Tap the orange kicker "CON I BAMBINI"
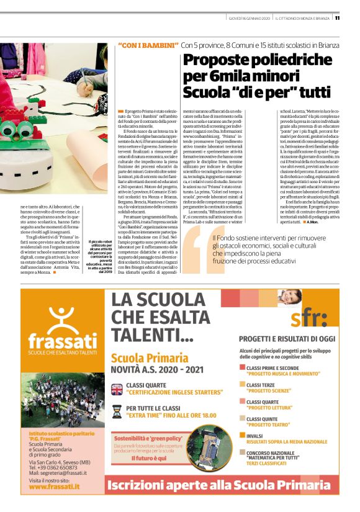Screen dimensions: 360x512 (146, 45)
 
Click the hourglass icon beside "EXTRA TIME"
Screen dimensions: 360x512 (117, 410)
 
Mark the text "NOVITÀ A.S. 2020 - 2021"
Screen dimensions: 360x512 (165, 370)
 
